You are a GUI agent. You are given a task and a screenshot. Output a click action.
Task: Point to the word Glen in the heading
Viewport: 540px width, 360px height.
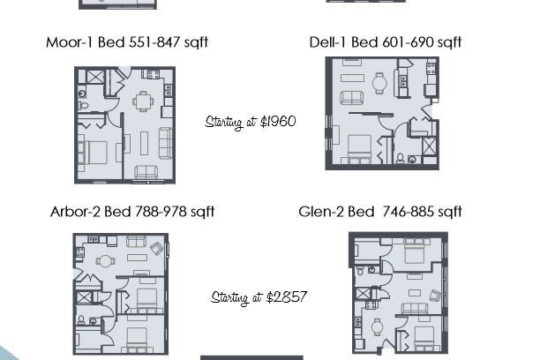click(315, 212)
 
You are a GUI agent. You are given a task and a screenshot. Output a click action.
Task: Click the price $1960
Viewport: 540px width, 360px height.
click(278, 122)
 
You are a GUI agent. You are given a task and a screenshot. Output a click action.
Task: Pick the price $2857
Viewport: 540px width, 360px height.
click(287, 297)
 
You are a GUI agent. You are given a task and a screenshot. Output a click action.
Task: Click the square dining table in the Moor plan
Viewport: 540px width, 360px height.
click(143, 101)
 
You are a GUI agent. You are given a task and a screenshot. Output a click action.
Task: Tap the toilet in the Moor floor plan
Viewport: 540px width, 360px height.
click(83, 105)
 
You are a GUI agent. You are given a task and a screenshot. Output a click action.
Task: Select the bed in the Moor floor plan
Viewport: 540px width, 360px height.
click(93, 153)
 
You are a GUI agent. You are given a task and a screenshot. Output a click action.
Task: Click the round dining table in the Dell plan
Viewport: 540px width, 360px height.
click(379, 83)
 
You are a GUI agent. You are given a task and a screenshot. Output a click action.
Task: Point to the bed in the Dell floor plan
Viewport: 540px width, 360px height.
click(359, 149)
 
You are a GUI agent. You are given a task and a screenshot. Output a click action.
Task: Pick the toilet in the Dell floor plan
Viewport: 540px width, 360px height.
click(400, 158)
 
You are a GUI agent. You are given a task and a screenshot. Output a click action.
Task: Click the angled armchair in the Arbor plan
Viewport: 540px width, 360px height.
click(157, 248)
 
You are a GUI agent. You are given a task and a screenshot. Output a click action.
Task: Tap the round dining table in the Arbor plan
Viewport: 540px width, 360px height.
click(105, 261)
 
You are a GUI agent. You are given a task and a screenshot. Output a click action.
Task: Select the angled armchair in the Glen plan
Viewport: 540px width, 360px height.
click(436, 296)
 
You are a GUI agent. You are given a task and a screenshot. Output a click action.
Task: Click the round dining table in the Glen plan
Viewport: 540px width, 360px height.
click(378, 326)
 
